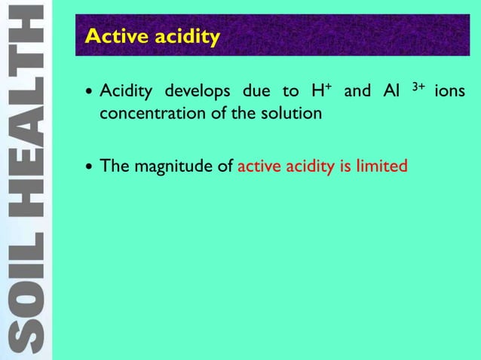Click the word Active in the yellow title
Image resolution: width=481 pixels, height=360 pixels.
[x=111, y=36]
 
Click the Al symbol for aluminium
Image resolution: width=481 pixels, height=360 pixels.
[x=391, y=92]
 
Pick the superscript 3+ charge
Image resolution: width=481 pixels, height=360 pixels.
[x=418, y=87]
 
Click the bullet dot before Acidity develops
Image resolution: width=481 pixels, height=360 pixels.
[x=90, y=93]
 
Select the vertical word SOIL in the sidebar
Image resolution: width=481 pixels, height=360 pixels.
[x=26, y=294]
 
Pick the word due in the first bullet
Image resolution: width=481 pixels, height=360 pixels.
[x=256, y=92]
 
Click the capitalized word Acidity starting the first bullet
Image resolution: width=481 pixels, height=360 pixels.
[x=126, y=92]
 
